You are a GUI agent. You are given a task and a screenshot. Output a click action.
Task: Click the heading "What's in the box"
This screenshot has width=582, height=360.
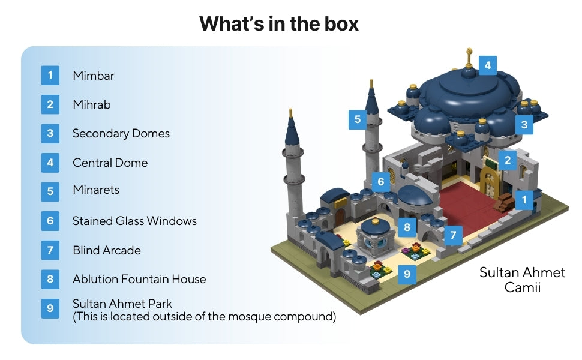coord(279,23)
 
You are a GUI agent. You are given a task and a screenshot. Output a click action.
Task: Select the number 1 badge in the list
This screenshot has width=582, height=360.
coord(50,76)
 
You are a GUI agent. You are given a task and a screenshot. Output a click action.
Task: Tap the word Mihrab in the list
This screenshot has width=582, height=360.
coord(91,104)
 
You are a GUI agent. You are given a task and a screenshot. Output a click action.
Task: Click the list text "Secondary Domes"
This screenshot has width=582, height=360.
coord(121,133)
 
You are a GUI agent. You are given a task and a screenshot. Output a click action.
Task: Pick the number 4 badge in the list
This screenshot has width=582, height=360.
coord(50,163)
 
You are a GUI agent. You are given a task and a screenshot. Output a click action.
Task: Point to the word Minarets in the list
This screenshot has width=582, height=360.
coord(96,190)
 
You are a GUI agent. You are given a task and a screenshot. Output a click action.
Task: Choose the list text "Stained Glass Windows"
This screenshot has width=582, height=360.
coord(134,221)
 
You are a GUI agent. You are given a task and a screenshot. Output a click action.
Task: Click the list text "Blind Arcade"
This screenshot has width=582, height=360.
coord(106,250)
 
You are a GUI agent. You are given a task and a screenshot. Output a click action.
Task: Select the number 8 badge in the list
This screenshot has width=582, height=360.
coord(50,279)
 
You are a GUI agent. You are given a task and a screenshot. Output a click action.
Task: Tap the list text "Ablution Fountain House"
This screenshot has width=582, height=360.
coord(139,279)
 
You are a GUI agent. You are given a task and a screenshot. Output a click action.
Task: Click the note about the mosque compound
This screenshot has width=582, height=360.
coord(204,316)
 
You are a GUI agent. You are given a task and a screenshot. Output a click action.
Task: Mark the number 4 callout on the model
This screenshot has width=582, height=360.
coord(487,65)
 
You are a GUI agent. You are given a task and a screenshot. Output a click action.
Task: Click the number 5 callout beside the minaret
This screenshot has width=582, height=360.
coord(358,119)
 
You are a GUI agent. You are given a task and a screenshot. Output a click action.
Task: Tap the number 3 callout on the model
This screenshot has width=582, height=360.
coord(524,125)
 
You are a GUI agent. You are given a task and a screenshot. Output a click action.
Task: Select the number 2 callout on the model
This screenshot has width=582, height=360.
coord(508,160)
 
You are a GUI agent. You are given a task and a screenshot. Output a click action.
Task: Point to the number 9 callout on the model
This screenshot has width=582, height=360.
coord(407,274)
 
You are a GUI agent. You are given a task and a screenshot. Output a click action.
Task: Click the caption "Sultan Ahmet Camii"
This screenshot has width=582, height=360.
coord(522,280)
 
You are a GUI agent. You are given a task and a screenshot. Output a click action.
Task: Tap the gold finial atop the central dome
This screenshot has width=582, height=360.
coord(469,59)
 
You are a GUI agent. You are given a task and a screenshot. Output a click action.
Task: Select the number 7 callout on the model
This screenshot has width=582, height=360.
coord(453,235)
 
